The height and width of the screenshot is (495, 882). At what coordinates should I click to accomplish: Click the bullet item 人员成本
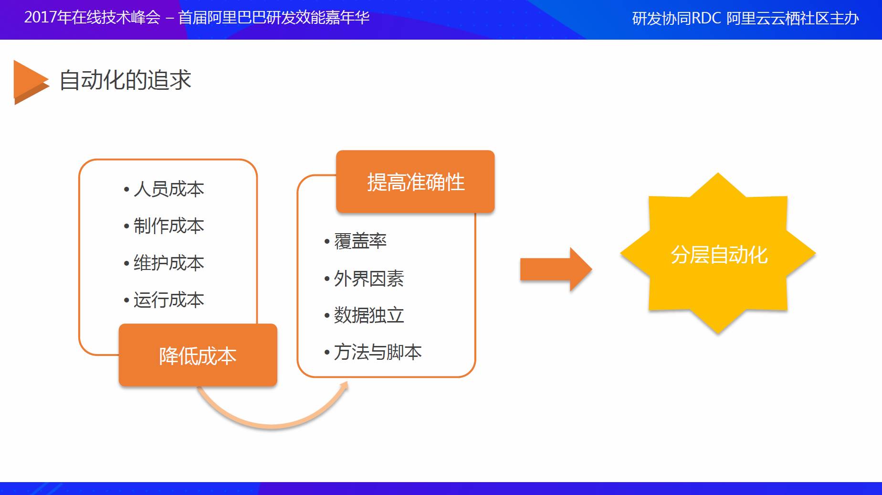pos(168,189)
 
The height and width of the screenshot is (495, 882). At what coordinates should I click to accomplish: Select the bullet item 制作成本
pos(168,226)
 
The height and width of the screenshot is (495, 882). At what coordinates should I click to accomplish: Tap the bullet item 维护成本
pos(168,263)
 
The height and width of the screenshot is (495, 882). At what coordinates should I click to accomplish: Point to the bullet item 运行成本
pos(168,300)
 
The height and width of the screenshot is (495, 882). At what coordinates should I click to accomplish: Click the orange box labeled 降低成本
pos(198,355)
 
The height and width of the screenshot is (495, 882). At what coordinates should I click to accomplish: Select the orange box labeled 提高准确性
pos(415,182)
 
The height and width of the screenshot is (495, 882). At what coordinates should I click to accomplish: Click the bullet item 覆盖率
pos(360,241)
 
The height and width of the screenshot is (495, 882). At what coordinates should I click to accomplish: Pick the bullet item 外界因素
pos(368,279)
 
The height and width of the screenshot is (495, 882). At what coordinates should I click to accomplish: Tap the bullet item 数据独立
pos(368,315)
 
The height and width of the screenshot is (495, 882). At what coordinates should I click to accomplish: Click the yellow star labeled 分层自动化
pos(718,254)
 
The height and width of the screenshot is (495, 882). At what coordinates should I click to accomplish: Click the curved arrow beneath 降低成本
pos(272,420)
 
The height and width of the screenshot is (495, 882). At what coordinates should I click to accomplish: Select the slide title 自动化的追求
pos(125,80)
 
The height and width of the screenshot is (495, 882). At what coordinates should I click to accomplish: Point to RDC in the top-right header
pos(706,19)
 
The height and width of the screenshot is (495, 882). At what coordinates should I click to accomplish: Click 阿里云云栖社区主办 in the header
pos(792,19)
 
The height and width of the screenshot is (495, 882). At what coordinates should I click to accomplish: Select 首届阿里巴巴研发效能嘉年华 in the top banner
pos(274,18)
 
